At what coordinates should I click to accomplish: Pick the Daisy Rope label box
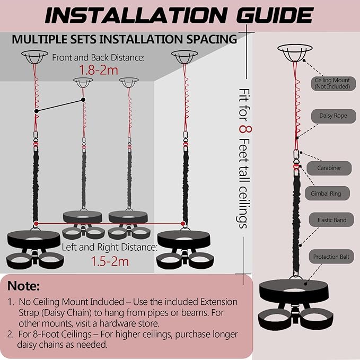333,115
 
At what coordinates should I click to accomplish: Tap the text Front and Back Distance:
98,57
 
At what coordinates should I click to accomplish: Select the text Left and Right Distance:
109,247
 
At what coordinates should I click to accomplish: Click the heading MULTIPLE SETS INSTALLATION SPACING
124,39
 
